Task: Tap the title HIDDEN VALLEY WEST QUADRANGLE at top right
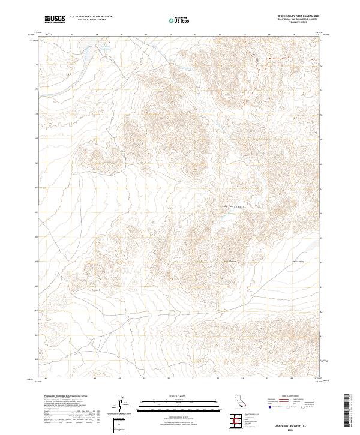pos(298,16)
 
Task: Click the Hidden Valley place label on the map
pos(298,262)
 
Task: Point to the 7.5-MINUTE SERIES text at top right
pos(298,23)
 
